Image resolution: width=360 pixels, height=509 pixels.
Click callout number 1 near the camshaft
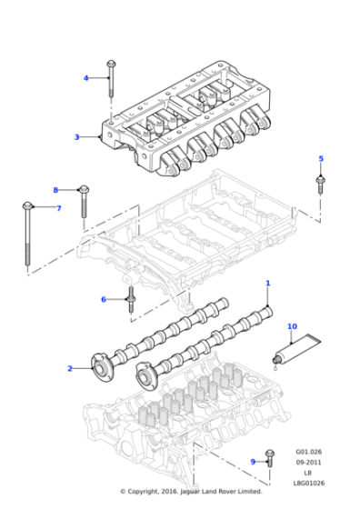(x=267, y=284)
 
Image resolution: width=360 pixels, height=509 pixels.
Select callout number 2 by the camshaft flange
(x=69, y=368)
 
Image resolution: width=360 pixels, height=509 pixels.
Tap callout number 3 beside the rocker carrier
(x=77, y=137)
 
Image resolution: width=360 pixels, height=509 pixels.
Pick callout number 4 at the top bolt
(x=86, y=78)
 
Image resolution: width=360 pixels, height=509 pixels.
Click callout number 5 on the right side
(x=320, y=159)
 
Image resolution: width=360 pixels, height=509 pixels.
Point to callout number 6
(x=103, y=299)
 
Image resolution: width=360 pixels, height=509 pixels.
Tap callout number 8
(x=55, y=190)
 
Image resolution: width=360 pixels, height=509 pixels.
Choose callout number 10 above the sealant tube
(x=292, y=325)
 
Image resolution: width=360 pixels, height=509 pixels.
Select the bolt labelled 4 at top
(x=111, y=79)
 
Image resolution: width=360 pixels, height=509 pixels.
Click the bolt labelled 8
(x=84, y=205)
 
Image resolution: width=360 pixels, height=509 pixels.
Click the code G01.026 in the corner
(x=311, y=452)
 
